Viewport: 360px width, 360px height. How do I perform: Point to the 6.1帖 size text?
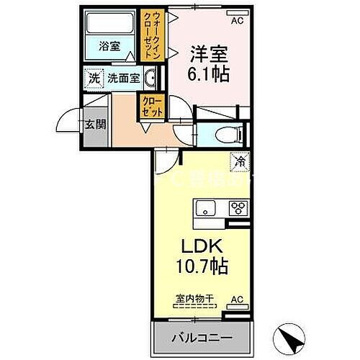[209, 74]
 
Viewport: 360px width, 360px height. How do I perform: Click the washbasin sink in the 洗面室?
[150, 78]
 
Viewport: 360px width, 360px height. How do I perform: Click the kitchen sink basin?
[204, 208]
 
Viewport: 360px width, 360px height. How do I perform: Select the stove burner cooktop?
[236, 208]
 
